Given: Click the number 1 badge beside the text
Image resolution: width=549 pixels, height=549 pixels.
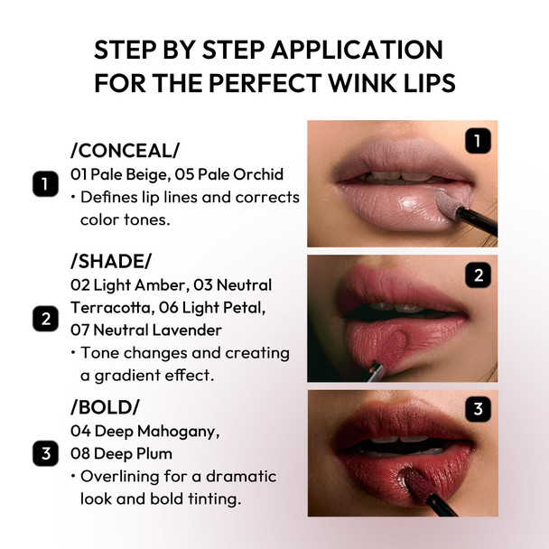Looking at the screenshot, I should click(44, 185).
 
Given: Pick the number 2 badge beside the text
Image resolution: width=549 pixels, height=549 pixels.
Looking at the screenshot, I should click(44, 319).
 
